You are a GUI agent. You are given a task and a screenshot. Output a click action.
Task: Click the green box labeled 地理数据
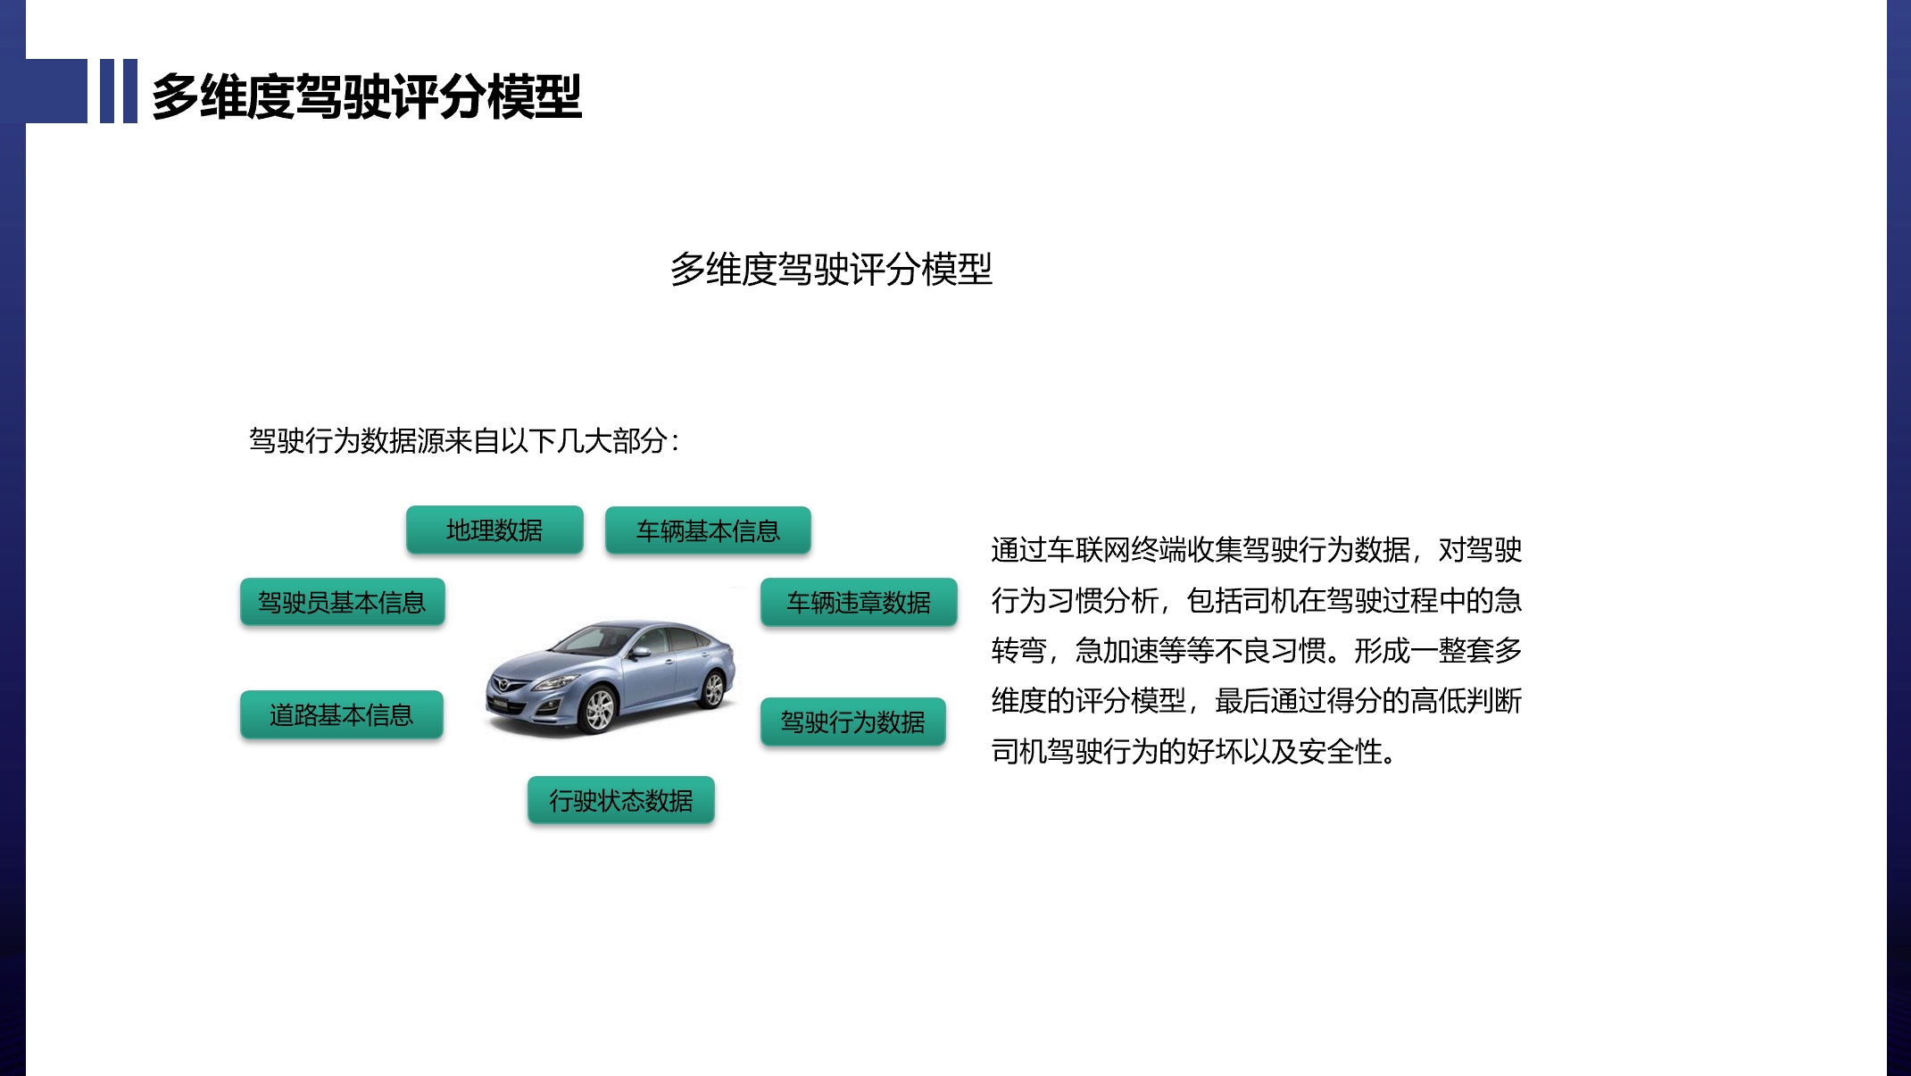494,530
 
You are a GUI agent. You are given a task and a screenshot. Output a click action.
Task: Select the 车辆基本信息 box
708,530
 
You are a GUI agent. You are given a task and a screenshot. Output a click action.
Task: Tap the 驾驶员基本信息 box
342,602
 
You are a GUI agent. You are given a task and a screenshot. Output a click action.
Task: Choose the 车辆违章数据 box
859,602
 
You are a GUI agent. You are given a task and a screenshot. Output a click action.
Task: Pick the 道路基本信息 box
342,714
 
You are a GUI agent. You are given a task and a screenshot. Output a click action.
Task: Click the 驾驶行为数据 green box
852,722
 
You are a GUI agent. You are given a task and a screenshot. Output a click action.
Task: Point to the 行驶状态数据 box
621,800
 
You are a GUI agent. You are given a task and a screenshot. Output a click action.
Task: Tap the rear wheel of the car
713,688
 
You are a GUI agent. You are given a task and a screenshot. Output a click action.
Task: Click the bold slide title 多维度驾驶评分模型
367,96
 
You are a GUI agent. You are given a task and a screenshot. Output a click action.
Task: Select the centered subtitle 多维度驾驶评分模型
831,269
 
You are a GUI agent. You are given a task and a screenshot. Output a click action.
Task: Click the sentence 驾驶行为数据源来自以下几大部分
458,440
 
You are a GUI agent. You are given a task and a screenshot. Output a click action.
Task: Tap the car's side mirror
640,654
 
